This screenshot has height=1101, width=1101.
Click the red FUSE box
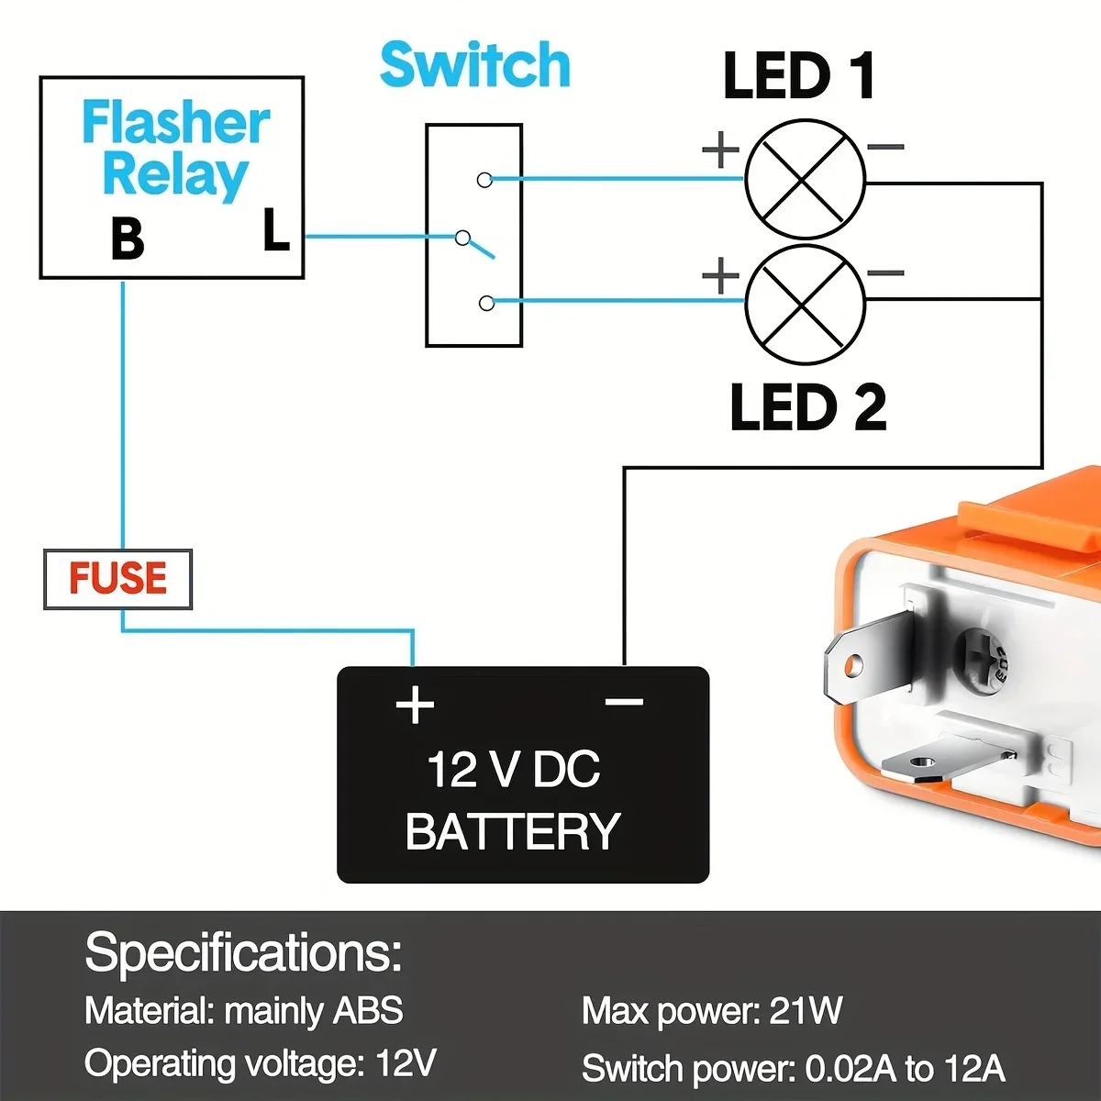pos(117,579)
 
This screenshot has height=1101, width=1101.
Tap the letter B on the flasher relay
pos(128,238)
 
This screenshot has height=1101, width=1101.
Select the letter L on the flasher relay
pos(275,230)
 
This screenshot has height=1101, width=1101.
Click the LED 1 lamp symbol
pos(805,180)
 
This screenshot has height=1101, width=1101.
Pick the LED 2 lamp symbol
pos(805,306)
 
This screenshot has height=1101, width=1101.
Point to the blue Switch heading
pos(474,65)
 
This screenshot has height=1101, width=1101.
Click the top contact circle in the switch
pos(484,180)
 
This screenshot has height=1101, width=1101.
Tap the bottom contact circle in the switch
pos(486,303)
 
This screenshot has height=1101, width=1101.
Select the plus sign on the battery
pos(415,706)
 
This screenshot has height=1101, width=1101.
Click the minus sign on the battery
pos(624,703)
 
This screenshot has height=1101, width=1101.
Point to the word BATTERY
pos(512,831)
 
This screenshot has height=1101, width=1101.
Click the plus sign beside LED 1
pos(721,150)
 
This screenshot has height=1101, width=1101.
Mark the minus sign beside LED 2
pos(885,272)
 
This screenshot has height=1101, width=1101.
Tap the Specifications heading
pos(243,952)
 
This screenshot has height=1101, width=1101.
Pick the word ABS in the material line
pos(367,1011)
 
